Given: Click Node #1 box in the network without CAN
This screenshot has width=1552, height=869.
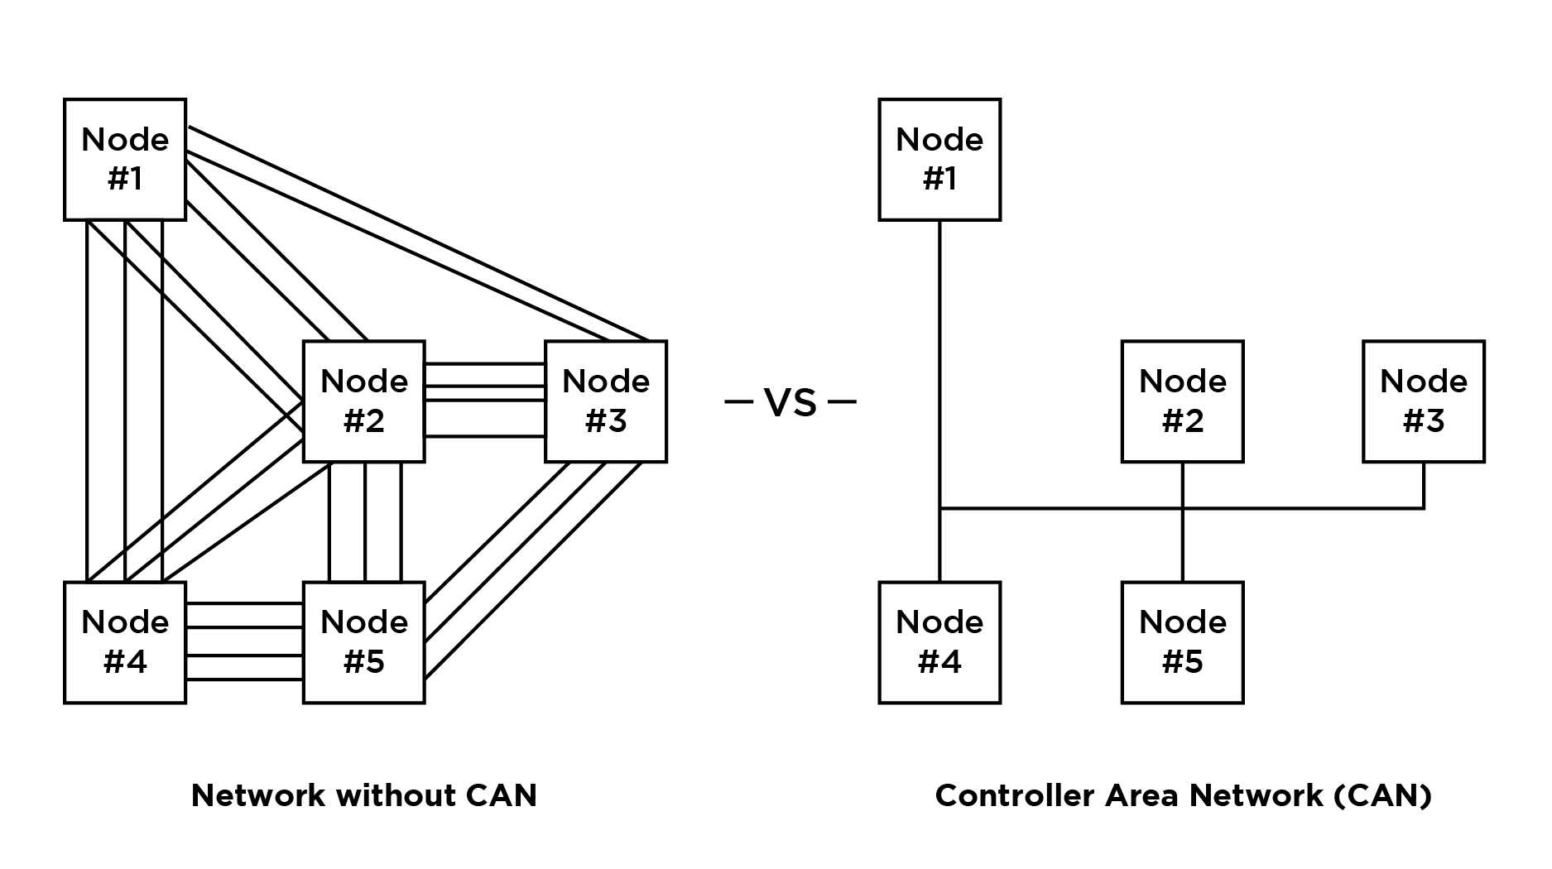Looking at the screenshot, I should (x=125, y=160).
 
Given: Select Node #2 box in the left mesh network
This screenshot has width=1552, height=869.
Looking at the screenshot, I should (x=364, y=401).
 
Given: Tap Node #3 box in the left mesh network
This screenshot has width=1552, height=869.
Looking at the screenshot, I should (x=606, y=401).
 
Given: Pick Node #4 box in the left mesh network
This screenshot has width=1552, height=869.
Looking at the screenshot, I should (x=125, y=642).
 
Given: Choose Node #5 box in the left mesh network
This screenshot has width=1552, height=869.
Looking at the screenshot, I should (x=364, y=642).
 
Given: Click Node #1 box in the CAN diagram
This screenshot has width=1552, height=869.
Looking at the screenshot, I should (x=939, y=160).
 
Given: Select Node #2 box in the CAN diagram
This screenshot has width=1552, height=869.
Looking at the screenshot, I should (x=1182, y=401).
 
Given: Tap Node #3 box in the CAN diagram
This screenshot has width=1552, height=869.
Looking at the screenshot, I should (x=1424, y=401).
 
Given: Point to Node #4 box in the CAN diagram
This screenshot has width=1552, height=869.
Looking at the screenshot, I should (x=939, y=642).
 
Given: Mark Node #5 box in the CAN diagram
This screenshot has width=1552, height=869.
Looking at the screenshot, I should (x=1182, y=642).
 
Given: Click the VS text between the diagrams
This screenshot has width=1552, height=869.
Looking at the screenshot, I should (x=790, y=403).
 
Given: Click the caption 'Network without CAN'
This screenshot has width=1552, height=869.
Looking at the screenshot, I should (x=364, y=795).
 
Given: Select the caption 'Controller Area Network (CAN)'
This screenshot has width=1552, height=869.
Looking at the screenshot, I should (x=1183, y=795).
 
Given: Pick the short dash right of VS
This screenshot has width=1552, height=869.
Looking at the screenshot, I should (x=842, y=403).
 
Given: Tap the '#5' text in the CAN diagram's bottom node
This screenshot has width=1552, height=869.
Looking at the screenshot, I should (x=1182, y=662).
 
